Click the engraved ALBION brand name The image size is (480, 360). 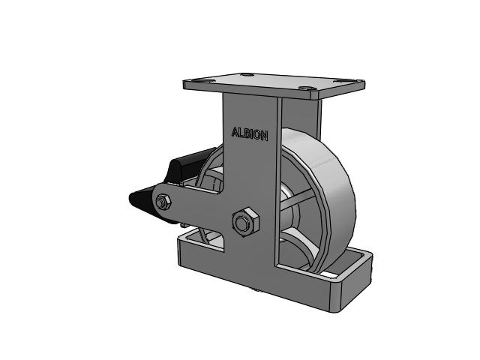250,134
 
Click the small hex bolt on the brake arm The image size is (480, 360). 161,202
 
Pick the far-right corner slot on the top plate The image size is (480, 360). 342,81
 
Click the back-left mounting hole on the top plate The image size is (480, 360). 247,74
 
